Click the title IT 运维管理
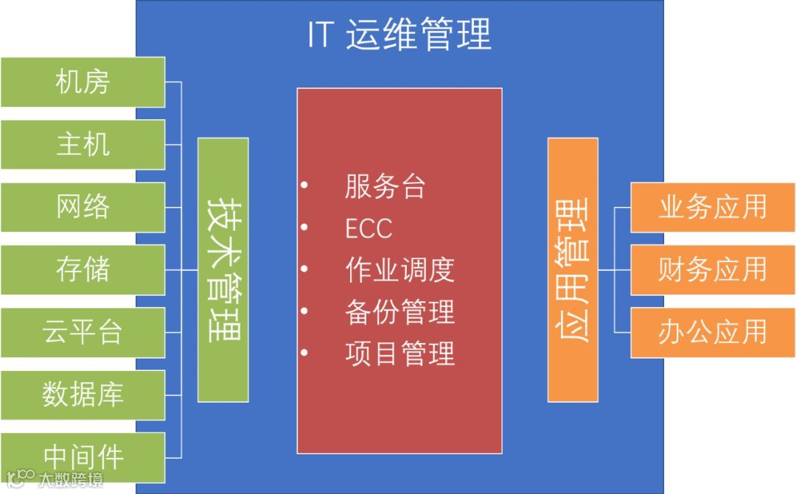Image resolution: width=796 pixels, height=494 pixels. click(399, 35)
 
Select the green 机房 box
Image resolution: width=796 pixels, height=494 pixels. click(83, 82)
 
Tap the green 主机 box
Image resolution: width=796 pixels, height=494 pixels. click(83, 144)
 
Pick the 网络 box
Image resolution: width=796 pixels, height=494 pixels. click(83, 207)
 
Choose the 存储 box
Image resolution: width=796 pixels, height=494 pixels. click(83, 269)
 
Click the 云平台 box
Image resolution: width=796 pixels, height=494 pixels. click(83, 332)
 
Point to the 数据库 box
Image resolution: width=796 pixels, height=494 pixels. click(83, 395)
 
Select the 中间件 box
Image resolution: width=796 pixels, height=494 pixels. click(83, 456)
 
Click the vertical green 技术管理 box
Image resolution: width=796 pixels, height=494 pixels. click(223, 269)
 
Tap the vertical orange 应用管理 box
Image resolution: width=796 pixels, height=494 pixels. click(573, 269)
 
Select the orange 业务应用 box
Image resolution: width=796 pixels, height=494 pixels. click(712, 207)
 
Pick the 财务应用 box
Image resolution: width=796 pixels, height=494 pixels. click(712, 269)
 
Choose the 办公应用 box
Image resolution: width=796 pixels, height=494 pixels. click(712, 332)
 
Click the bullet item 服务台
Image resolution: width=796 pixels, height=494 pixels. click(385, 186)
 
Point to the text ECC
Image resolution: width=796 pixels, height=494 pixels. click(369, 228)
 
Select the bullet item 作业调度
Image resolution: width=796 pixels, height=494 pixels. click(399, 269)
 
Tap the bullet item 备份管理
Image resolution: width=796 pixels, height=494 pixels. click(399, 311)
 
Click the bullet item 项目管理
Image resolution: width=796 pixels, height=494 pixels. click(399, 353)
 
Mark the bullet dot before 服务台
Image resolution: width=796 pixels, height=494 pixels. click(304, 186)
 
